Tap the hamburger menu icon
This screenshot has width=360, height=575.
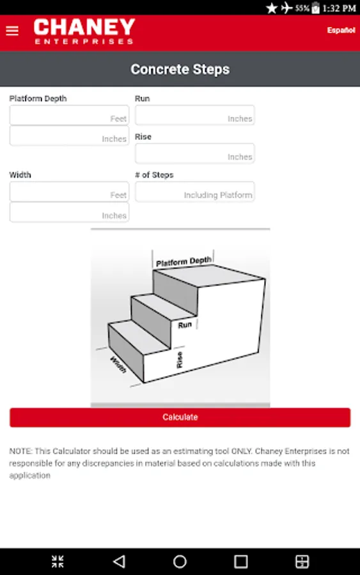12,31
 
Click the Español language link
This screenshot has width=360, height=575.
341,30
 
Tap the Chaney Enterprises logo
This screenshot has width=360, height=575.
84,31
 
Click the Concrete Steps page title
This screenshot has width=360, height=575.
180,69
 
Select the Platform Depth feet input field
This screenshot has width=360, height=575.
69,115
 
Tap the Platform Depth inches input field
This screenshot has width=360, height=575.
69,135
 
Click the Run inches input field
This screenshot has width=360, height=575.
195,115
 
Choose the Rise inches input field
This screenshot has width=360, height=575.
195,153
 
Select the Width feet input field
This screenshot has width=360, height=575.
69,192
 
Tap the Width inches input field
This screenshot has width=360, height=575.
69,212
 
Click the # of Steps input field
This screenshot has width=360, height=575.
195,192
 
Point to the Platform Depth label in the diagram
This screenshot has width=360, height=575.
184,261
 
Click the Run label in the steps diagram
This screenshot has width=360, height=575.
185,325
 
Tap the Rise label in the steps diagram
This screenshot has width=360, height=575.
180,360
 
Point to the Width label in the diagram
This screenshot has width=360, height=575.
118,365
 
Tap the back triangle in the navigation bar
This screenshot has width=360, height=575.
120,561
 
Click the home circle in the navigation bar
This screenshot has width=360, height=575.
180,561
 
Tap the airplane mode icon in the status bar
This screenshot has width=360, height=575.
286,8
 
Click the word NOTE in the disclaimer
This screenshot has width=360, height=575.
20,451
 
